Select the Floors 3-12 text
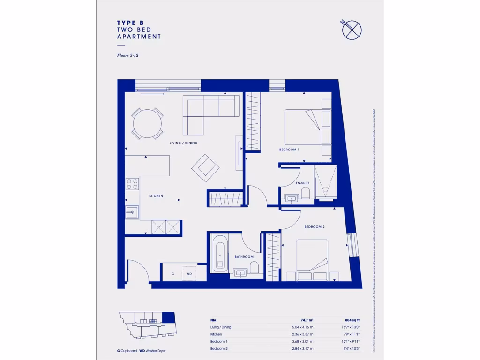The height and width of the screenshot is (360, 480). coord(127,55)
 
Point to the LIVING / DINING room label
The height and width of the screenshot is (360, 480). coord(183,143)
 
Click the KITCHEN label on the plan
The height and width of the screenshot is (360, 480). coord(156,196)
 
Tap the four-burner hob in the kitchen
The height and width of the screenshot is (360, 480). coord(132,184)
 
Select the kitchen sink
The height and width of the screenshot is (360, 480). coord(132,212)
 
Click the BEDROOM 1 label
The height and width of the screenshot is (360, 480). coord(289,150)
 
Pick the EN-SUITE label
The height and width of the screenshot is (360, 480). coord(302,183)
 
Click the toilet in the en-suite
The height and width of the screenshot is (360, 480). coord(305,194)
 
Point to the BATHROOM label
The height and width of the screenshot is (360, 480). coord(244,257)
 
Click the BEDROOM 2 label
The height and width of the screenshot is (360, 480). coord(314,227)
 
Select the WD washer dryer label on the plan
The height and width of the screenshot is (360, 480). coord(189,273)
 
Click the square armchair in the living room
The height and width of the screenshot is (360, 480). coord(205,167)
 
